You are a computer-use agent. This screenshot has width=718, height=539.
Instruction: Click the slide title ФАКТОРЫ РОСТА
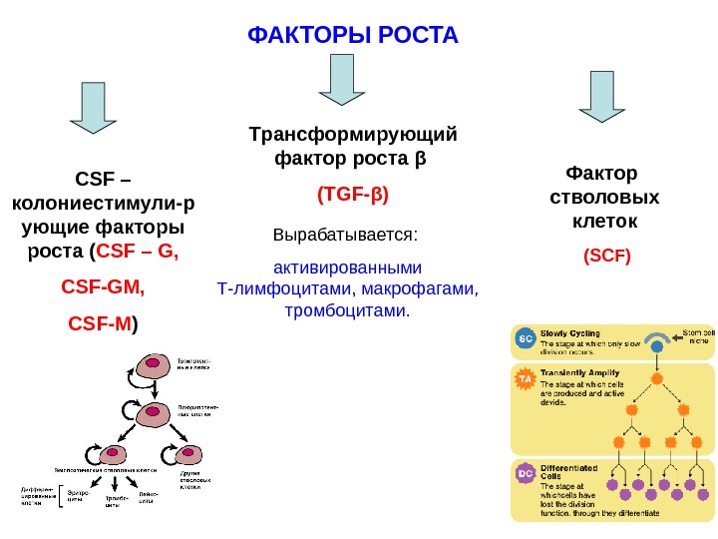click(x=352, y=37)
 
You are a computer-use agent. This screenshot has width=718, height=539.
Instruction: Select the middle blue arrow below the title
click(x=342, y=80)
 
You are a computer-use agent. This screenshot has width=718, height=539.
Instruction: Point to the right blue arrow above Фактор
click(x=603, y=97)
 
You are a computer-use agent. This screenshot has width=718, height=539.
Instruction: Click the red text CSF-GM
click(x=103, y=287)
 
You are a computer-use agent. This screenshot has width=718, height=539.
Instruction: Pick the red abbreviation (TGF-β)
click(x=352, y=193)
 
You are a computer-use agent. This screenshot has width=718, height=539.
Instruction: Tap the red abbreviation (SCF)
click(x=607, y=256)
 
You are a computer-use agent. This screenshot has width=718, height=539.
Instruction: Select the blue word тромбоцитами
click(x=347, y=311)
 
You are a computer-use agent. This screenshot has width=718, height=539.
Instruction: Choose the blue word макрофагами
click(x=420, y=289)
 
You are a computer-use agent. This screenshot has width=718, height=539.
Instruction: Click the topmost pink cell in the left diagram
click(x=156, y=366)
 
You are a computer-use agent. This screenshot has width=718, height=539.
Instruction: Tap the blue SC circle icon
click(x=526, y=338)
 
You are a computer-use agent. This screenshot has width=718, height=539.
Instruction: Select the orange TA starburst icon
click(x=526, y=379)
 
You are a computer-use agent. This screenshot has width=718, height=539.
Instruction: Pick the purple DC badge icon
click(x=526, y=472)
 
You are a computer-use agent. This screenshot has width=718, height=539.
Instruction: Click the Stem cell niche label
click(x=697, y=336)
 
